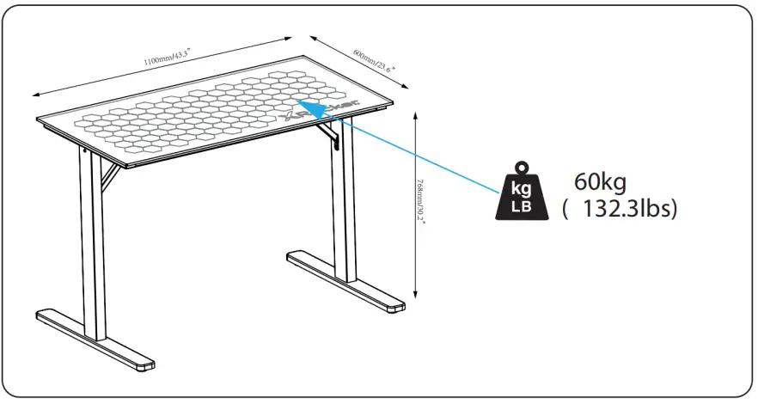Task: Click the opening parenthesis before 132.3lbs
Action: [566, 210]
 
